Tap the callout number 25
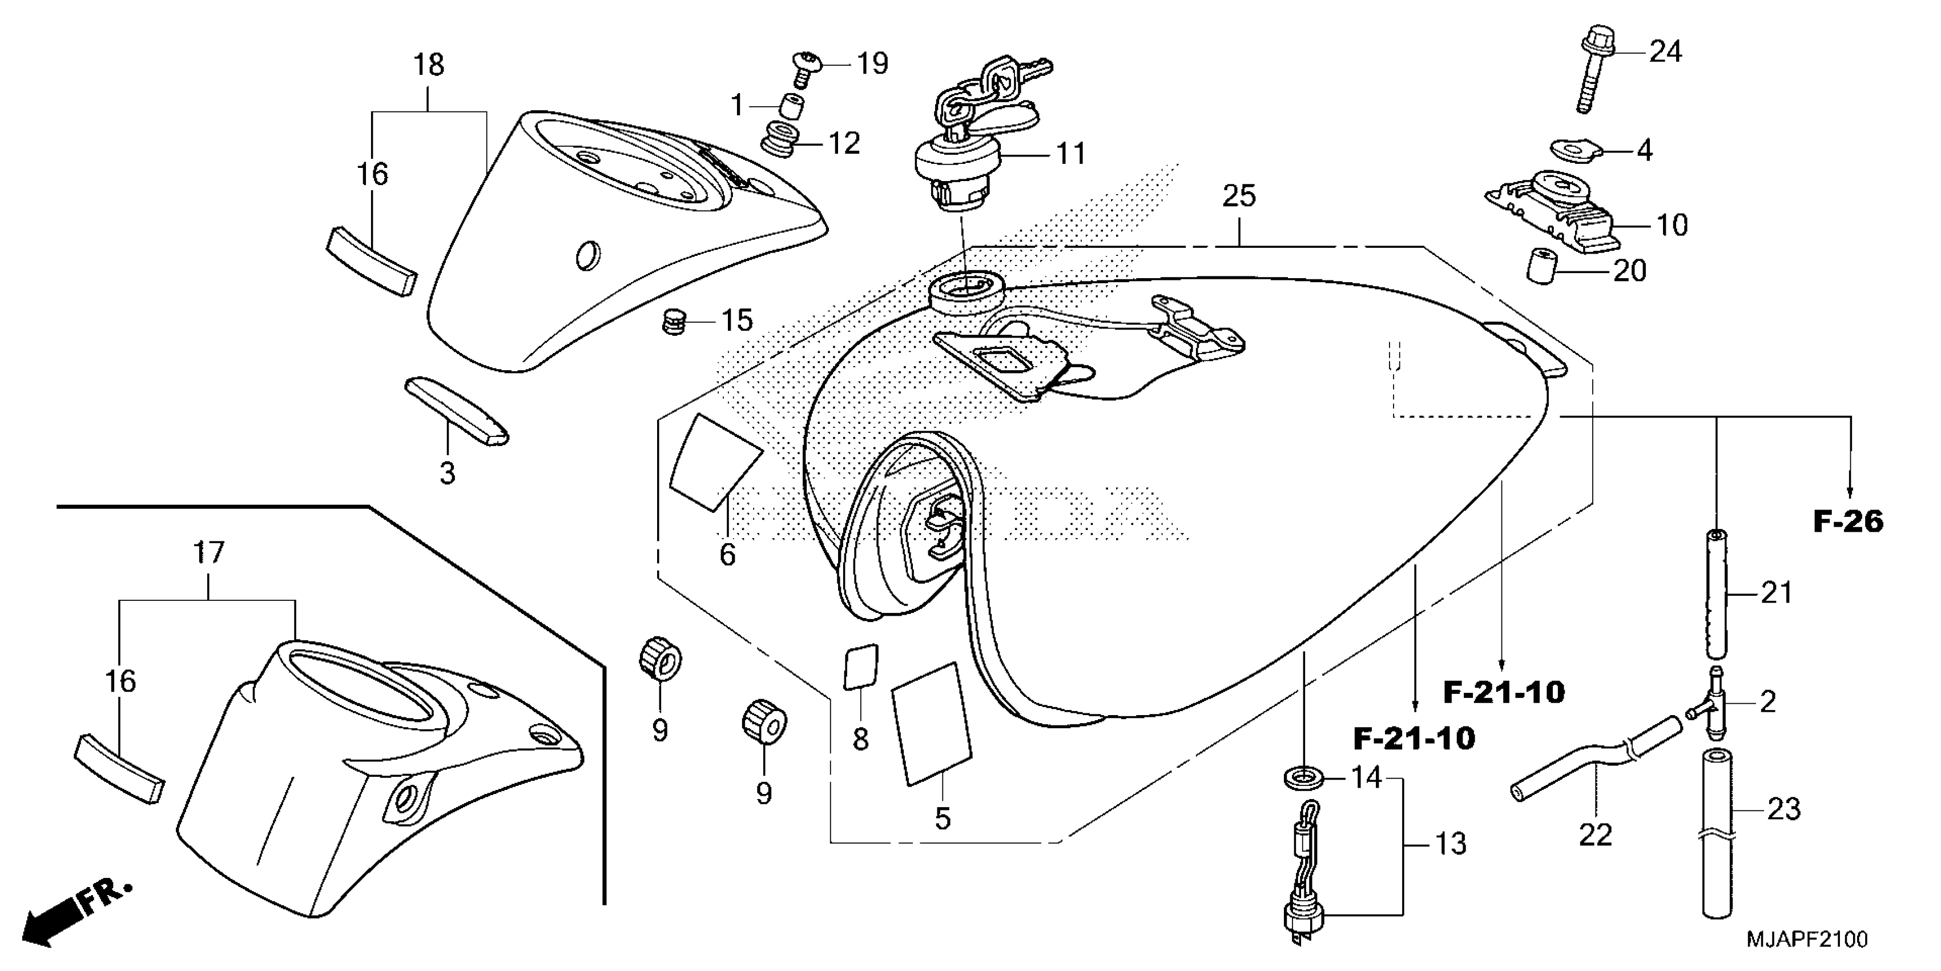pos(1239,196)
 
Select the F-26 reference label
pos(1847,521)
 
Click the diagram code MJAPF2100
pos(1806,940)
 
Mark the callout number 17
pos(209,552)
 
